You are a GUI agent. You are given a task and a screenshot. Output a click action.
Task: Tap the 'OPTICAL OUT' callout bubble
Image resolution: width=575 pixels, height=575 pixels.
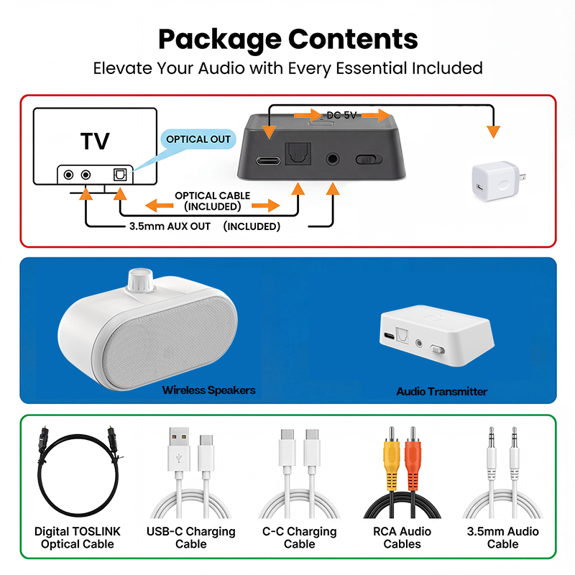click(x=198, y=139)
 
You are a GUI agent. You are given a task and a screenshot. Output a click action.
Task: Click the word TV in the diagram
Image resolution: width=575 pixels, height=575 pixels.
click(x=95, y=141)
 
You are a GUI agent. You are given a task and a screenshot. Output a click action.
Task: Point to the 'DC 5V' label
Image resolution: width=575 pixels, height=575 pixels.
click(x=342, y=115)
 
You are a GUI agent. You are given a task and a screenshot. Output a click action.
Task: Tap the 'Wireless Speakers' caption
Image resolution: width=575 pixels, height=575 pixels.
click(x=208, y=390)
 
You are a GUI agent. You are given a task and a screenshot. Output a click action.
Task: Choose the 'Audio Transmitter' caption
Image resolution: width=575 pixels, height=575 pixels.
click(x=441, y=392)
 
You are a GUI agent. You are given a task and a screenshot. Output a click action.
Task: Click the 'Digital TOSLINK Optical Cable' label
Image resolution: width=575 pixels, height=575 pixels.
click(x=78, y=538)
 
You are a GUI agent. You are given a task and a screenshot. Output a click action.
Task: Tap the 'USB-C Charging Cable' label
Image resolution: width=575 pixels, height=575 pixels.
click(x=190, y=538)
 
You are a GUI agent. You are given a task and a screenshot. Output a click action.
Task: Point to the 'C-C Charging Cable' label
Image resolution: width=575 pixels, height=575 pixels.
click(x=300, y=538)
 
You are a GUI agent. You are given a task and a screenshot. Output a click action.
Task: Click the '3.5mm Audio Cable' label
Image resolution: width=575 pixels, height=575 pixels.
click(x=502, y=538)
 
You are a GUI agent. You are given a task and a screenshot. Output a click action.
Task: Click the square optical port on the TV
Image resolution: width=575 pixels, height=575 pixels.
click(x=119, y=175)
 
